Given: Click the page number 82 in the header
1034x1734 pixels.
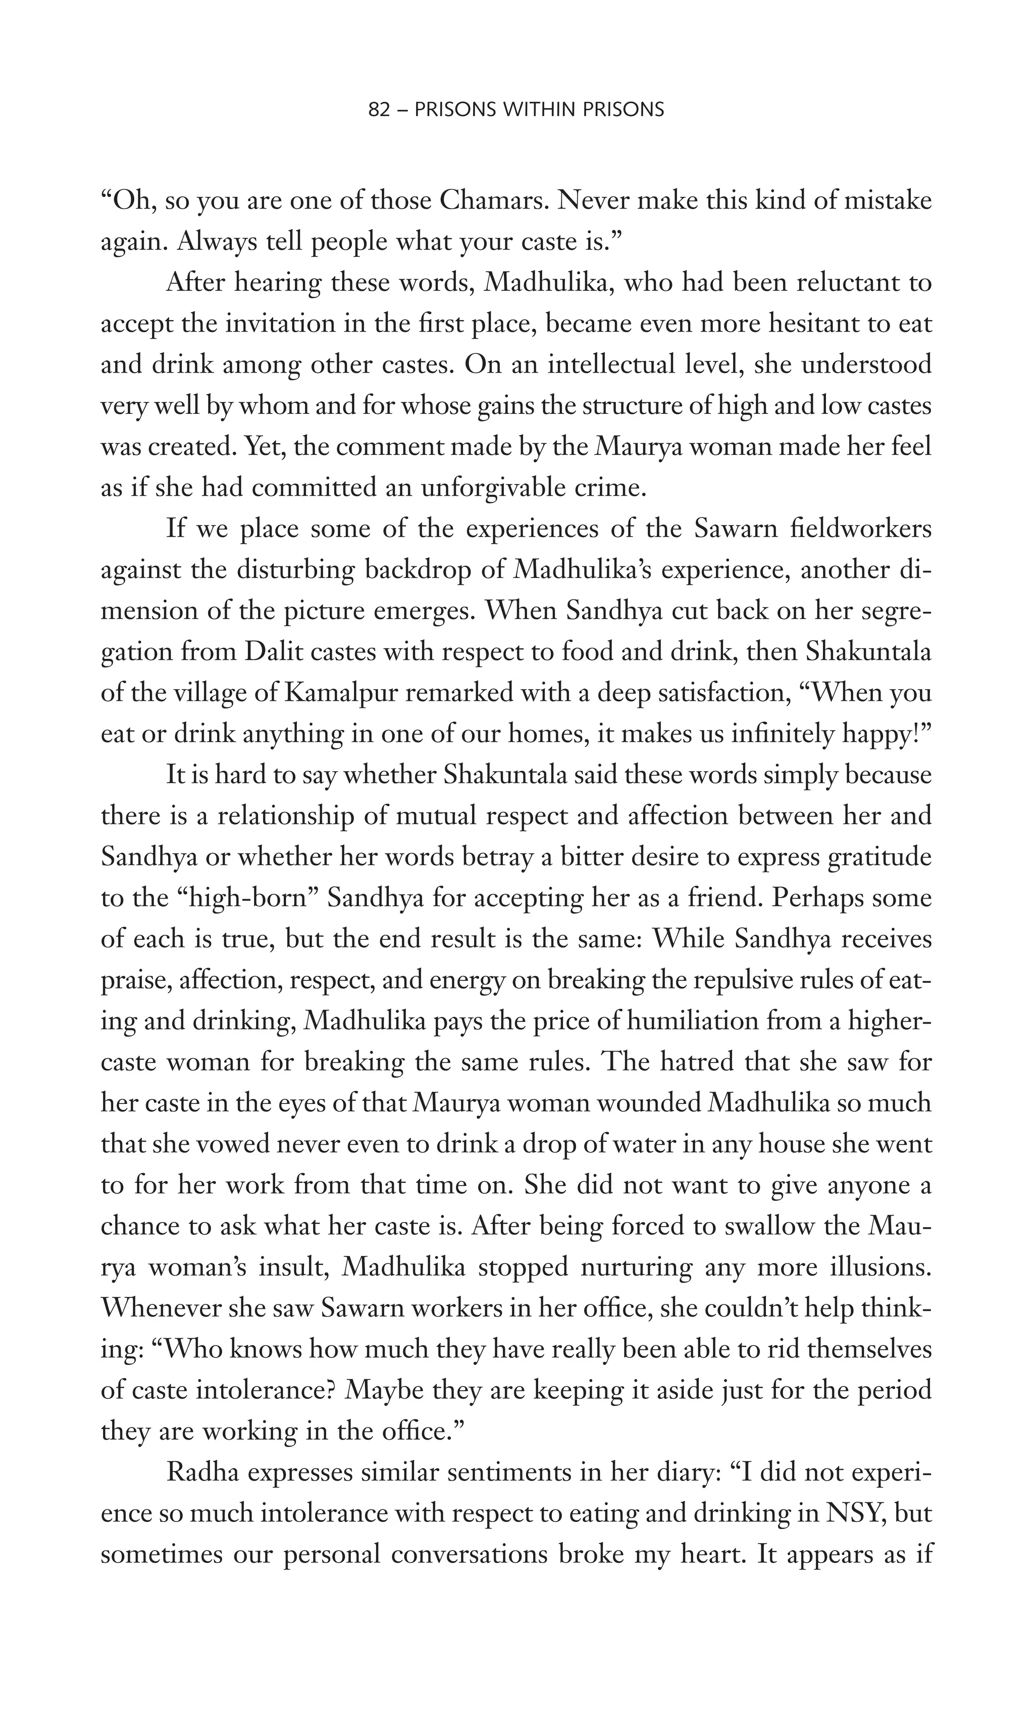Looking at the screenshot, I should click(378, 110).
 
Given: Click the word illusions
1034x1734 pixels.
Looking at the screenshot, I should click(882, 1267).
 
